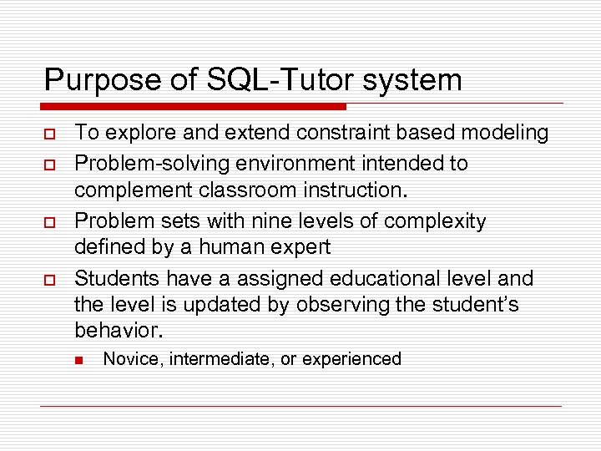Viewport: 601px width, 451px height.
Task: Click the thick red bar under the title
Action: pyautogui.click(x=193, y=107)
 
